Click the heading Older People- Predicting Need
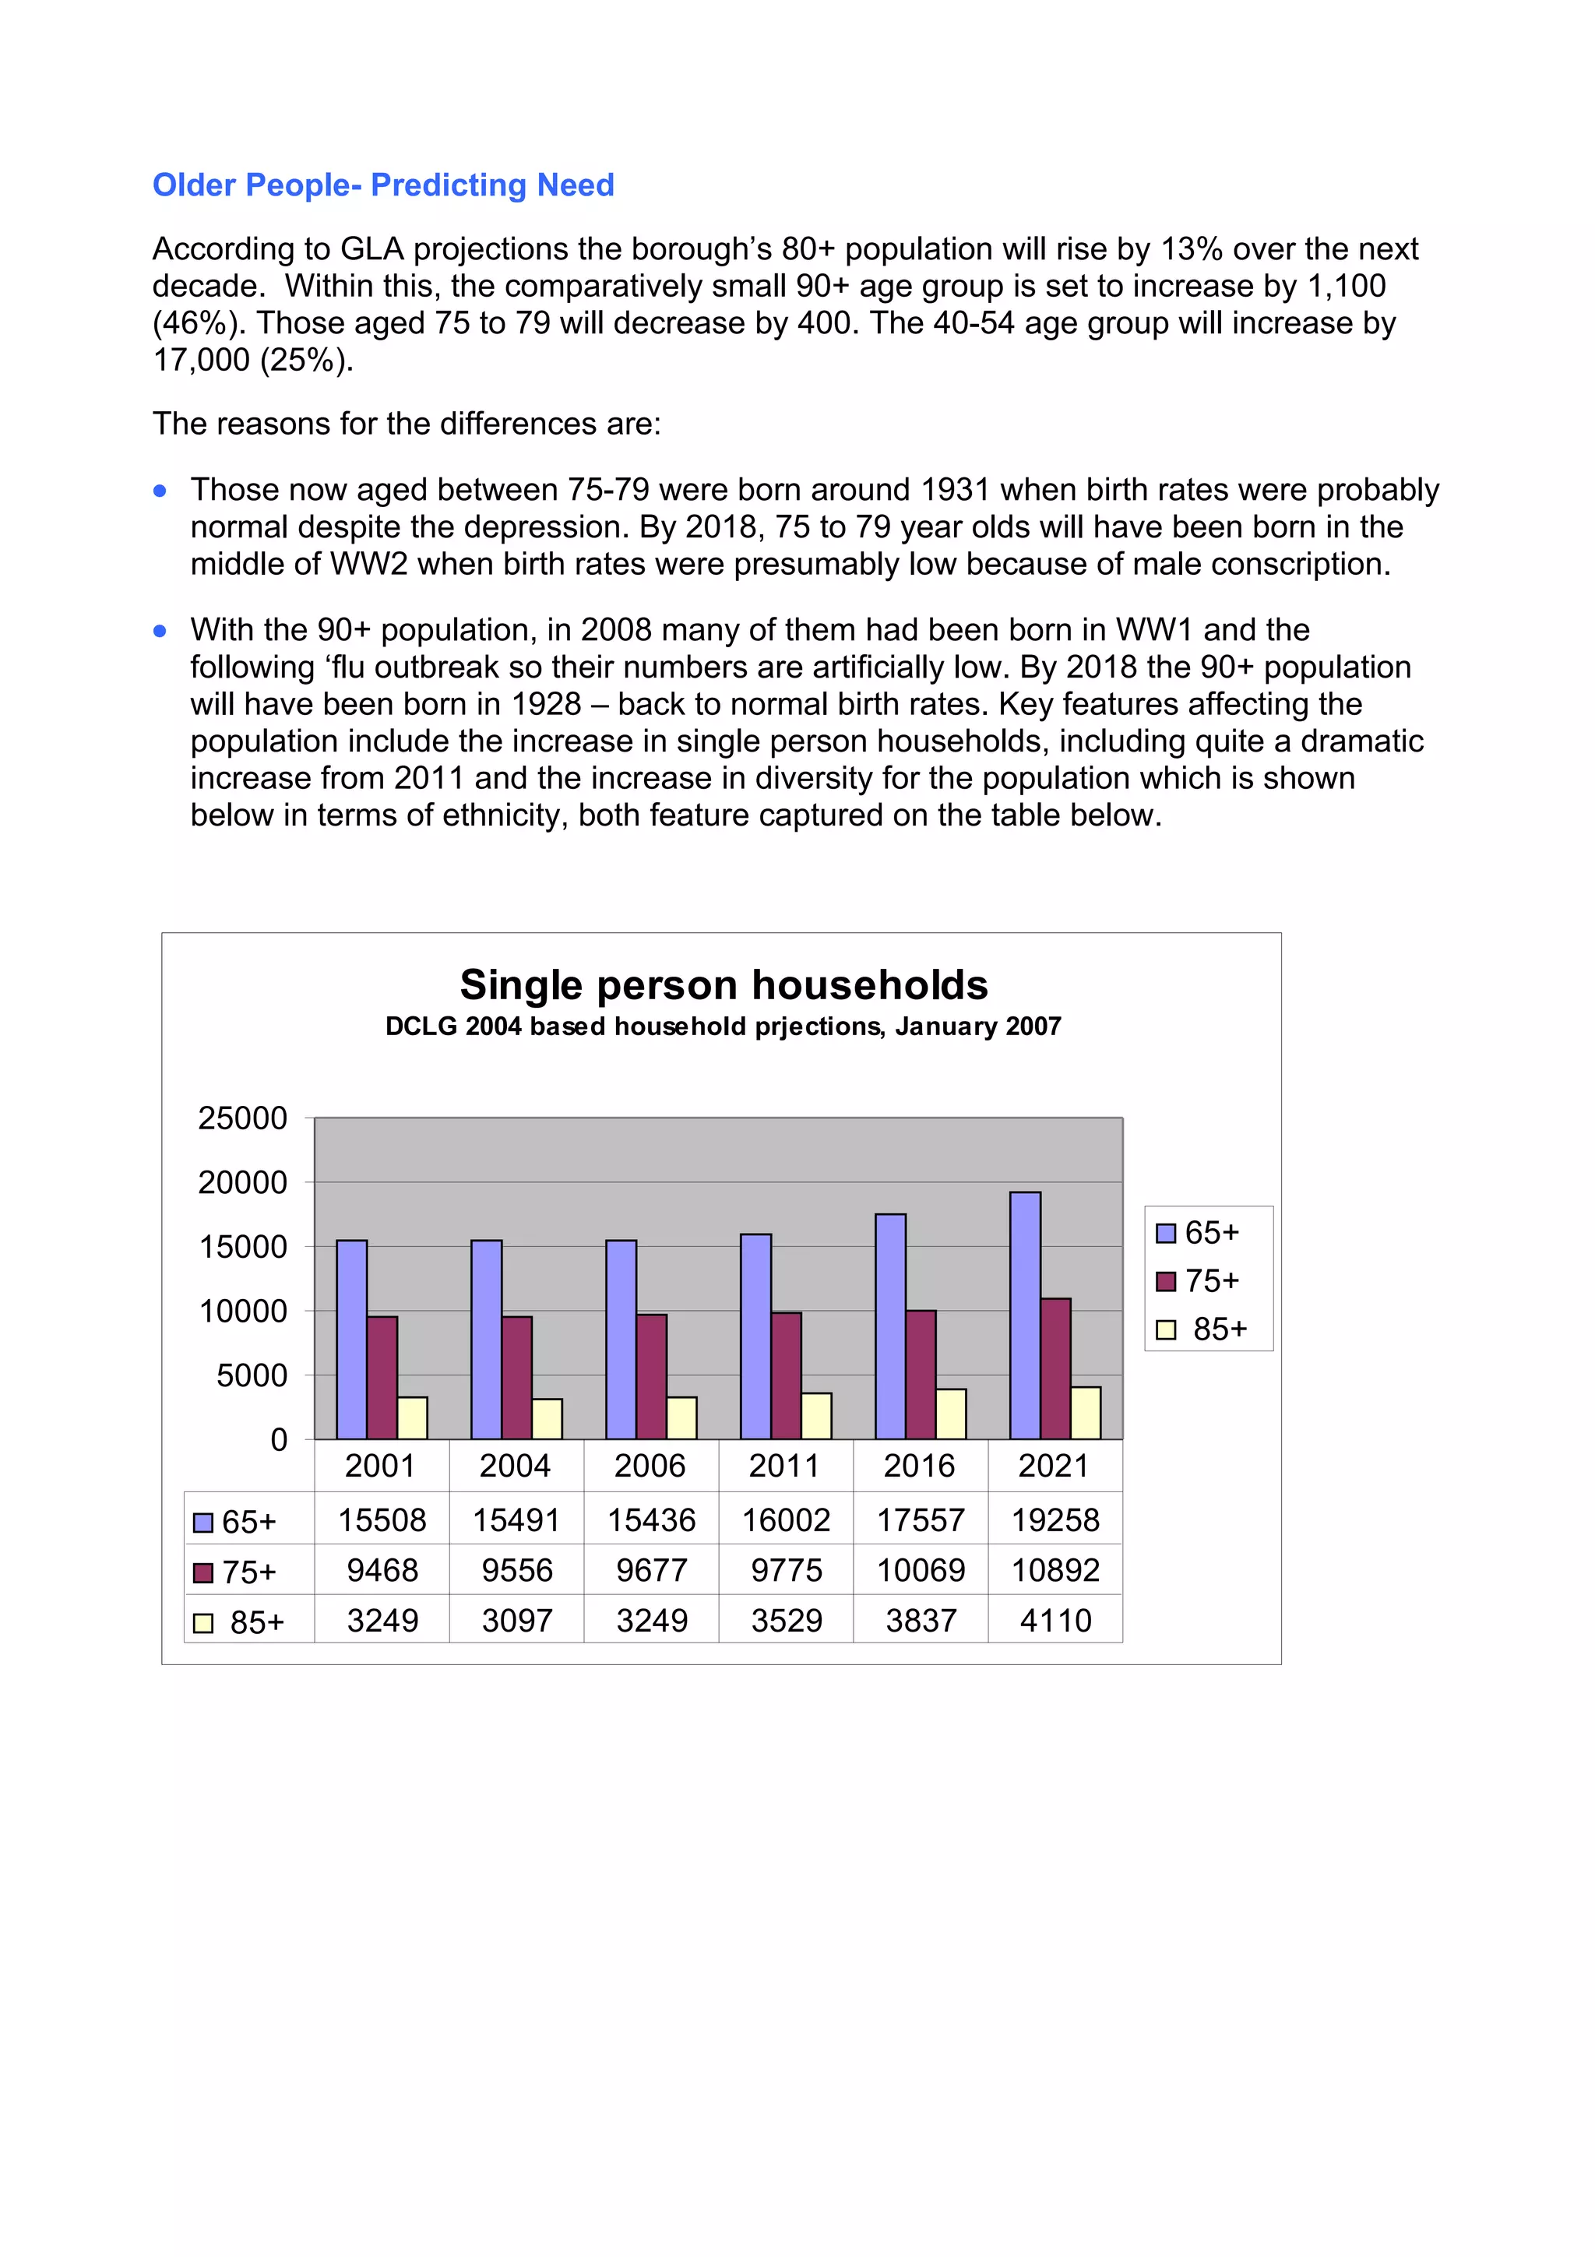[382, 185]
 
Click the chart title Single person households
[724, 985]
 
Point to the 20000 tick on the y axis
[243, 1182]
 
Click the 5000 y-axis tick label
[252, 1375]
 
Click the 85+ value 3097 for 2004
[517, 1620]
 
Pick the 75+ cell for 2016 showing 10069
[921, 1570]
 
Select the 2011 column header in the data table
[784, 1466]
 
